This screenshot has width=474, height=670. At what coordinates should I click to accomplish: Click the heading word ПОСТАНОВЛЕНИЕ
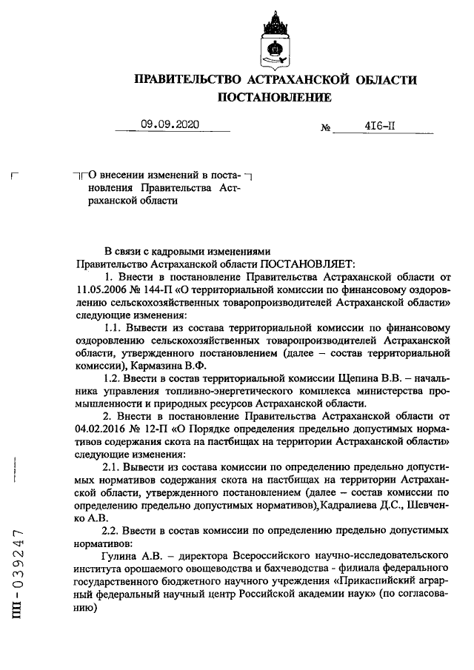[x=274, y=97]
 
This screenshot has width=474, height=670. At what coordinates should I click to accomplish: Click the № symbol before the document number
[x=325, y=127]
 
